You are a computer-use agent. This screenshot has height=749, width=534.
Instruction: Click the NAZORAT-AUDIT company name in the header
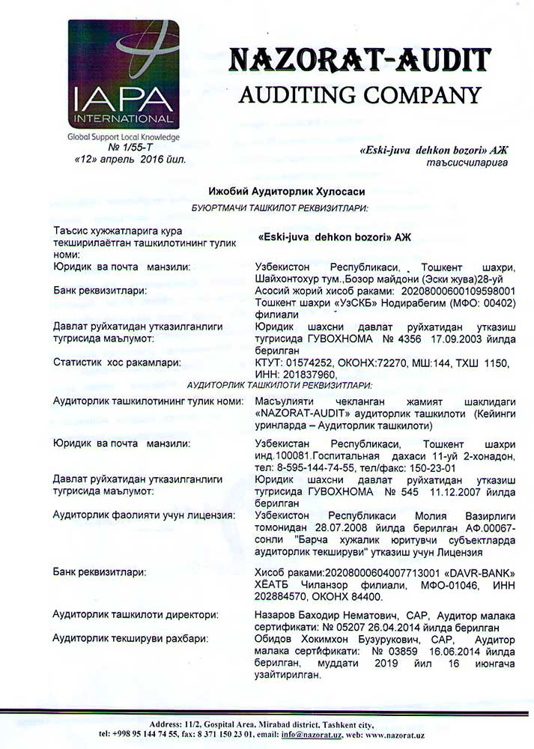pyautogui.click(x=359, y=59)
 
